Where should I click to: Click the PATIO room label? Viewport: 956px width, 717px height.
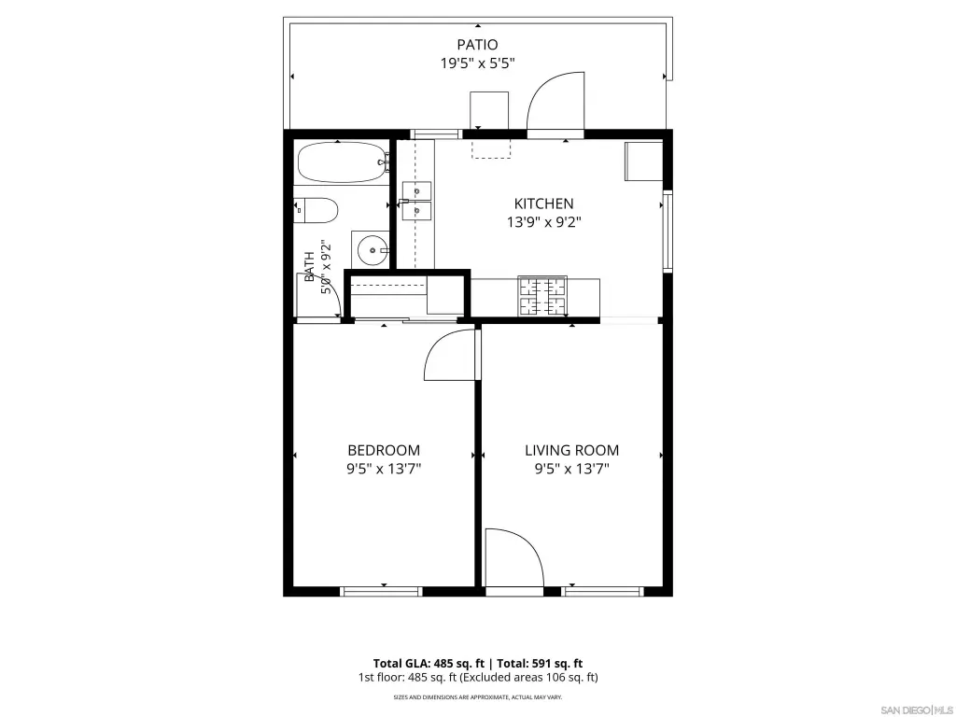477,45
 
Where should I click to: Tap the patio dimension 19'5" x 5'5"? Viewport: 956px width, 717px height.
477,63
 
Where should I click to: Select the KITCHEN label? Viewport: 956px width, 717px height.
544,204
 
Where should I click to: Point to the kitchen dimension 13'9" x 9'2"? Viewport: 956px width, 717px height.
544,222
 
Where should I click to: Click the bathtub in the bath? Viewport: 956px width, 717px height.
343,162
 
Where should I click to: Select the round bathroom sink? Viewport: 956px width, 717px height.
373,250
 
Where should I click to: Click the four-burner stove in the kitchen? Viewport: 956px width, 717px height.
542,296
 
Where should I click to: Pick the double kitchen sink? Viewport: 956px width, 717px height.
416,201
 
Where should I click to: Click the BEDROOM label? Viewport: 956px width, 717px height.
384,451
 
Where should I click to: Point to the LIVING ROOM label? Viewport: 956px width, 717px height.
572,451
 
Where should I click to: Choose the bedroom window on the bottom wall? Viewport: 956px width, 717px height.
381,591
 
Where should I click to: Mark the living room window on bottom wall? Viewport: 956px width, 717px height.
602,591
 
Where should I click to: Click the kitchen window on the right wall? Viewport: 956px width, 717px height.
668,231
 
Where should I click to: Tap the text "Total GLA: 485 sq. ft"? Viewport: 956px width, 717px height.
429,664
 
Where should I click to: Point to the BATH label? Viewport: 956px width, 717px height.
310,266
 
